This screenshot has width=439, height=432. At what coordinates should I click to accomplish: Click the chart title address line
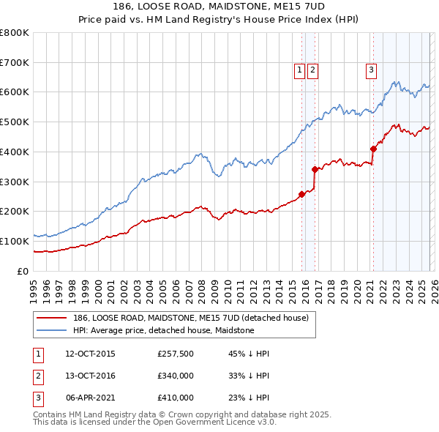point(219,7)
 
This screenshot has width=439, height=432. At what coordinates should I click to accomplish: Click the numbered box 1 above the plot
point(300,70)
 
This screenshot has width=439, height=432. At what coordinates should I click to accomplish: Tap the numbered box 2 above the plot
point(312,70)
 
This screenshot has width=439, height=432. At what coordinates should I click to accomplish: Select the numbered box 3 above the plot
point(371,70)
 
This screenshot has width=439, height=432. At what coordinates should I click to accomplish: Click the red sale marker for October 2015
point(301,194)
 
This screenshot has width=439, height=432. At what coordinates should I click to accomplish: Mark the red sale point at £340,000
point(315,169)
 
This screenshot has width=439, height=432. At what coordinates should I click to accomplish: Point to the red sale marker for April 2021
point(372,149)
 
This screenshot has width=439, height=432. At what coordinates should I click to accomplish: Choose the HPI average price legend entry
point(163,330)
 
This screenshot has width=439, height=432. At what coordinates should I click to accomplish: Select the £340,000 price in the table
point(176,376)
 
